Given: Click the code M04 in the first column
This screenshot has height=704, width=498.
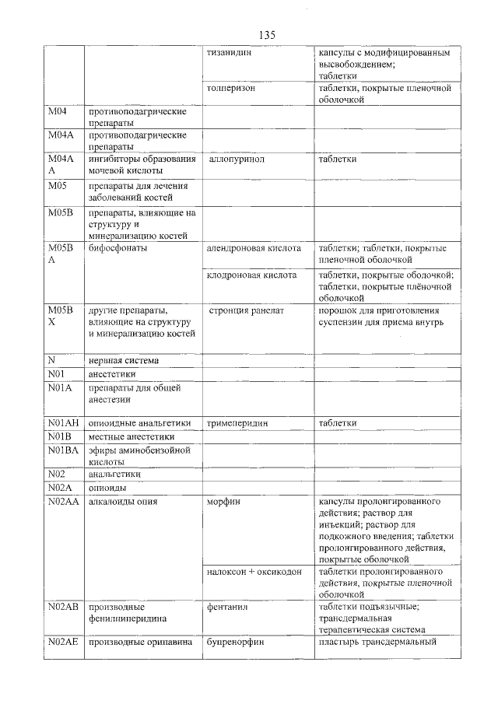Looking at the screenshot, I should point(58,112).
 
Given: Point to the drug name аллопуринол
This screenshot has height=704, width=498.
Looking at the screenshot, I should point(237,159).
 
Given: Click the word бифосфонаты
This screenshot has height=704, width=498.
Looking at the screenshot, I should point(117,248).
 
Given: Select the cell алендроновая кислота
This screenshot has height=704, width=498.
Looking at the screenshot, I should point(254,248).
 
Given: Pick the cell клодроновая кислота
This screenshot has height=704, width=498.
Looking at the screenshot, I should point(251,275).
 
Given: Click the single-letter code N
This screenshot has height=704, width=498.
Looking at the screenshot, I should point(51,360).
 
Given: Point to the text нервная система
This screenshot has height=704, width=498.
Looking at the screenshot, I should point(124,360).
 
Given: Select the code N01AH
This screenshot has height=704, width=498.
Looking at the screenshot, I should point(62,423).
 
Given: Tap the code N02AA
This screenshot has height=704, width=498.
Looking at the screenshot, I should point(63,502).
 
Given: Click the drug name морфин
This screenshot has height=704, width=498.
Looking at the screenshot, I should point(224,502).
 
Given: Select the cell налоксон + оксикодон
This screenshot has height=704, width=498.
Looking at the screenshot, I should point(254,572).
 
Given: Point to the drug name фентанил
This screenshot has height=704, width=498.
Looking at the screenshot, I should point(227,607).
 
